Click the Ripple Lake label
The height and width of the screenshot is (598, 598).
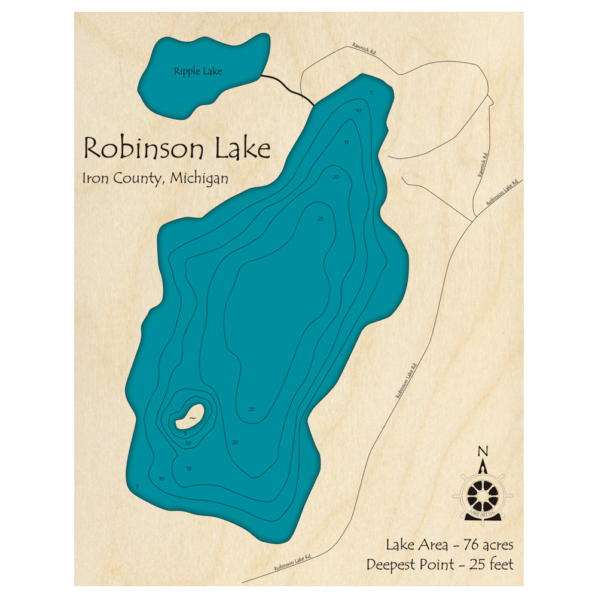coord(197,72)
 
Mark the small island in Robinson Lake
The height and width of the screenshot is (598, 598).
coord(191,415)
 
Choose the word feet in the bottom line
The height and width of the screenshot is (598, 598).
coord(500,564)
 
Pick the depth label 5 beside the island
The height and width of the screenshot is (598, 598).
coord(185,432)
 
